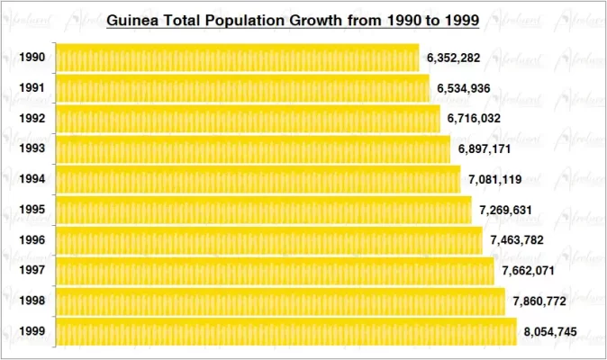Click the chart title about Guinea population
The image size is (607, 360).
point(293,19)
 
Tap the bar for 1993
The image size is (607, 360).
point(253,149)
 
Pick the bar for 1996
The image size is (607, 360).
point(269,240)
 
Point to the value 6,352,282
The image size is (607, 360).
point(453,58)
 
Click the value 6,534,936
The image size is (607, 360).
point(464,88)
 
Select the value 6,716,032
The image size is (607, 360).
point(474,119)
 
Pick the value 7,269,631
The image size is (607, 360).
point(505,210)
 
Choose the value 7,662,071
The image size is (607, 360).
point(528,271)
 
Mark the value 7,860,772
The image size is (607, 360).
point(539,301)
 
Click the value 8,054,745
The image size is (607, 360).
point(550,332)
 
